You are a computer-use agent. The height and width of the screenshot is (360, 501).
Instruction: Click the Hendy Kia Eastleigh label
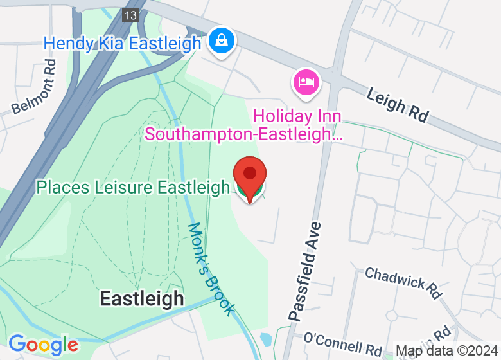122,44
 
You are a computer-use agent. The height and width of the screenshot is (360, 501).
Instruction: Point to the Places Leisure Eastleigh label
132,188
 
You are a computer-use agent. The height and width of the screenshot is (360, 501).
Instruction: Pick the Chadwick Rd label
403,283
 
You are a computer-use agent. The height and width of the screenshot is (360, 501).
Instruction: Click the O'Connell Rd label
343,343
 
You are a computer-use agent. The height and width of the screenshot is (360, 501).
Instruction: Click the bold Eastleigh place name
142,299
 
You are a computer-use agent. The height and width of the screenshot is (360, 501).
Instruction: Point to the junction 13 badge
131,15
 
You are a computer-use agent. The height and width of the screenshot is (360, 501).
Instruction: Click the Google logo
43,345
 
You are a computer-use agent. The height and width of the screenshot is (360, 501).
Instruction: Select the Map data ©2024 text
446,351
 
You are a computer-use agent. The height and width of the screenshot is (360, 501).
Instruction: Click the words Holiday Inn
297,116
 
